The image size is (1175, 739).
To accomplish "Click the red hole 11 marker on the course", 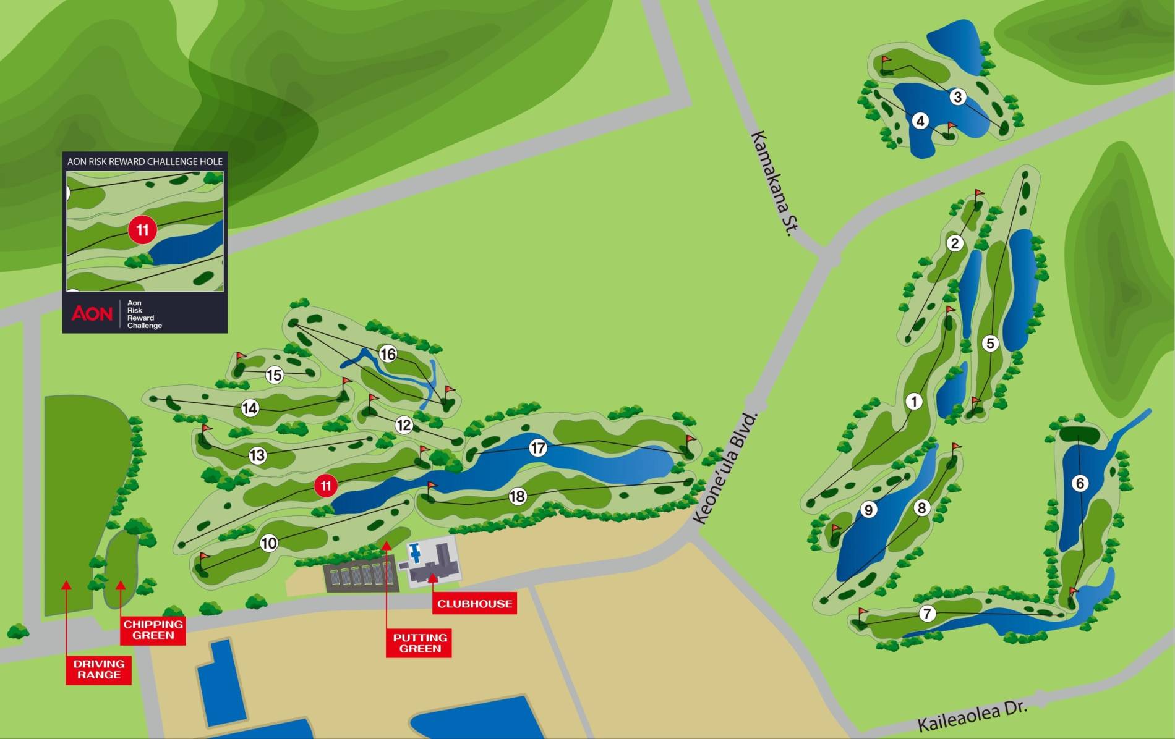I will coord(326,486).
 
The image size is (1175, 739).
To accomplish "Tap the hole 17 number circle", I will coord(538,448).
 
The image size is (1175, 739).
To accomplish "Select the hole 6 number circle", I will coord(1080,483).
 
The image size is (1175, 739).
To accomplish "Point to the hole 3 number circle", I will coord(957,97).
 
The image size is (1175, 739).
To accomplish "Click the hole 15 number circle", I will coord(274,375).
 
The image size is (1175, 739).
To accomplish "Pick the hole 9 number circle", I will coord(868,510).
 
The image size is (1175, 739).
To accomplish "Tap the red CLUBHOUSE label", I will coord(474,604).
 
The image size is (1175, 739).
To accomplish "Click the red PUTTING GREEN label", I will coord(419,643).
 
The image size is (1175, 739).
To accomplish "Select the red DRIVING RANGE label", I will coord(99,669).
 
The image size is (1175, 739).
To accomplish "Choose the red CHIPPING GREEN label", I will coord(153,630).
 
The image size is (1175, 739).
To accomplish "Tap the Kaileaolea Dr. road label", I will coord(972,716).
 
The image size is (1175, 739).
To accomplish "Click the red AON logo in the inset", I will coord(92,313).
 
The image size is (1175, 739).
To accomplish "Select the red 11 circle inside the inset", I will coord(142,230).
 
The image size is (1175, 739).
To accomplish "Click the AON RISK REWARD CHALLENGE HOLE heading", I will coord(145,161).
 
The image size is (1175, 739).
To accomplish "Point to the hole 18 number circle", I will coord(517,496).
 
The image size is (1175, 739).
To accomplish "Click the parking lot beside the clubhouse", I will coord(361,575).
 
